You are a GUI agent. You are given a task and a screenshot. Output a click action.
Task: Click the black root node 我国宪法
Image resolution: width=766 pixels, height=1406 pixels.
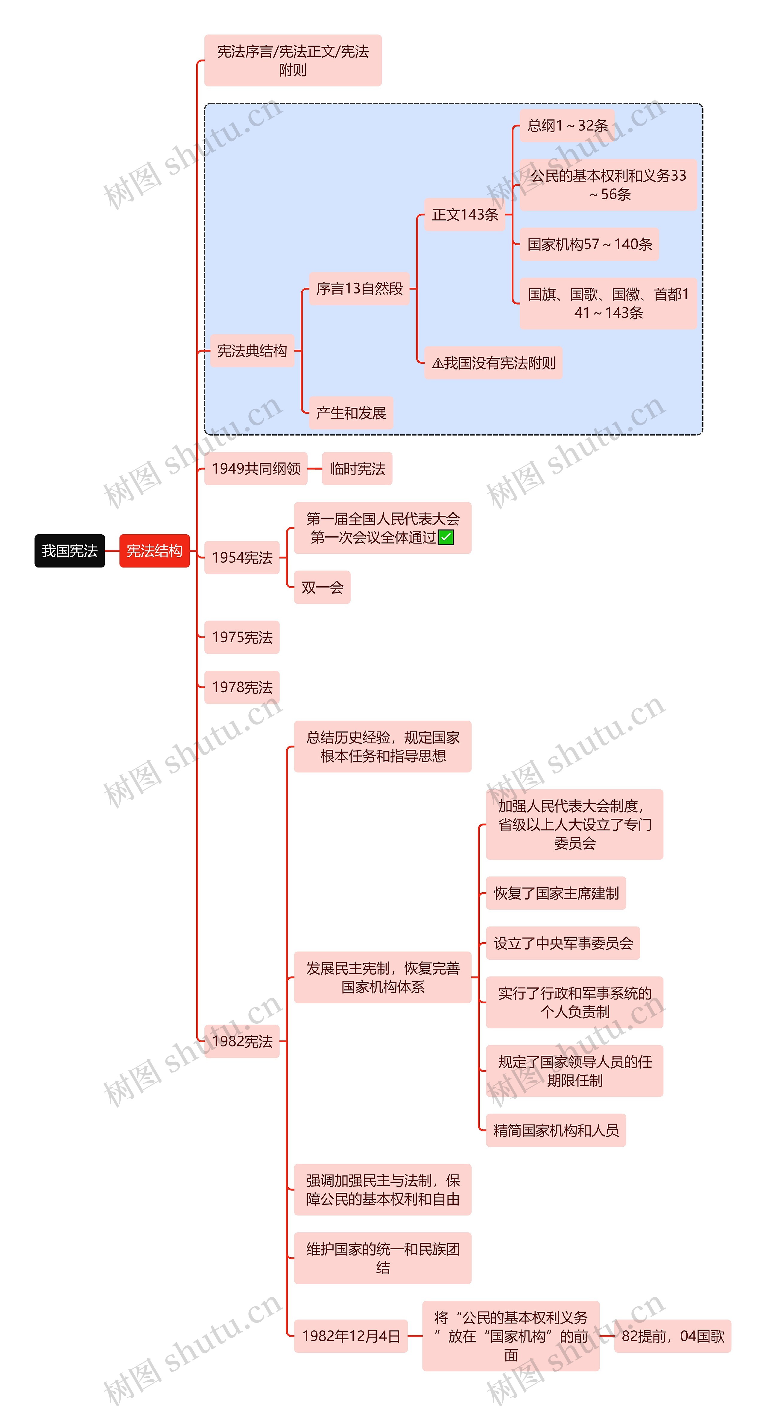[69, 551]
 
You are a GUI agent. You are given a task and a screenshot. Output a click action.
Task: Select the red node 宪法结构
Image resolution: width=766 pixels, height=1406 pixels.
[154, 551]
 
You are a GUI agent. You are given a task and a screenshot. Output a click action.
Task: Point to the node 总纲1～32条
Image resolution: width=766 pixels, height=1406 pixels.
[567, 126]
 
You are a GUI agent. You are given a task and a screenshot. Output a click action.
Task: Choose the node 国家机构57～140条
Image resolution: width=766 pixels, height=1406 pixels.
[589, 244]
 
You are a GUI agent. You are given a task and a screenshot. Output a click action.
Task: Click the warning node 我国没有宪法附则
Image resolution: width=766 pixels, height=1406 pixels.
[493, 362]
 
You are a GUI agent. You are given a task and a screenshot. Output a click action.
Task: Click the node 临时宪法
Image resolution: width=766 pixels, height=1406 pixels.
[357, 468]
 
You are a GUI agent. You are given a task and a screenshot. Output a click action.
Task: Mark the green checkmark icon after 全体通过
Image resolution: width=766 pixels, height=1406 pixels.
[446, 538]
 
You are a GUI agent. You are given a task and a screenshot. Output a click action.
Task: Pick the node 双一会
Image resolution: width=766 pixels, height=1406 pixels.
[322, 587]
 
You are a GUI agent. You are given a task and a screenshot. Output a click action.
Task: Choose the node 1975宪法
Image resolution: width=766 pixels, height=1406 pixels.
[242, 637]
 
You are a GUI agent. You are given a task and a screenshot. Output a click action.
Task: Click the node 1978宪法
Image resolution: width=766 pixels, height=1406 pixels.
[242, 687]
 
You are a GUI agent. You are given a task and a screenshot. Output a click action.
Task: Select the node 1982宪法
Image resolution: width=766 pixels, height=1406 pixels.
[242, 1041]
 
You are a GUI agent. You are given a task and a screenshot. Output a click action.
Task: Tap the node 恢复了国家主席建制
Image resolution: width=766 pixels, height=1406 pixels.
[556, 893]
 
